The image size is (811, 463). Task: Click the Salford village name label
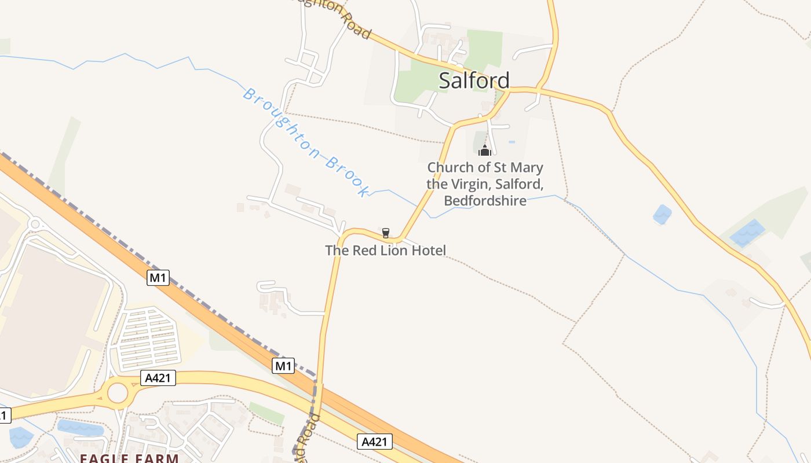click(474, 80)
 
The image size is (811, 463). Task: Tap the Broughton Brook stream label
click(306, 142)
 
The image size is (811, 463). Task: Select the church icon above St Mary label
click(485, 151)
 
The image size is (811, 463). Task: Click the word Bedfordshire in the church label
click(485, 201)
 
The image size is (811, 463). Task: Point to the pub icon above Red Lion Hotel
click(385, 233)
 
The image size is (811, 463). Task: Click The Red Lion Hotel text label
click(385, 251)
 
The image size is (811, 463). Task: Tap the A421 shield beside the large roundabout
click(158, 378)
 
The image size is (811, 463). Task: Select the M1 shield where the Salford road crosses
click(283, 366)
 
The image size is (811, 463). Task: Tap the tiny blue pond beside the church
click(512, 142)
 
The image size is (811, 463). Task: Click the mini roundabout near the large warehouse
click(35, 223)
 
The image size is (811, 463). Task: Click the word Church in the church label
click(450, 168)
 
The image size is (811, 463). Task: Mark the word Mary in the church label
click(527, 168)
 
